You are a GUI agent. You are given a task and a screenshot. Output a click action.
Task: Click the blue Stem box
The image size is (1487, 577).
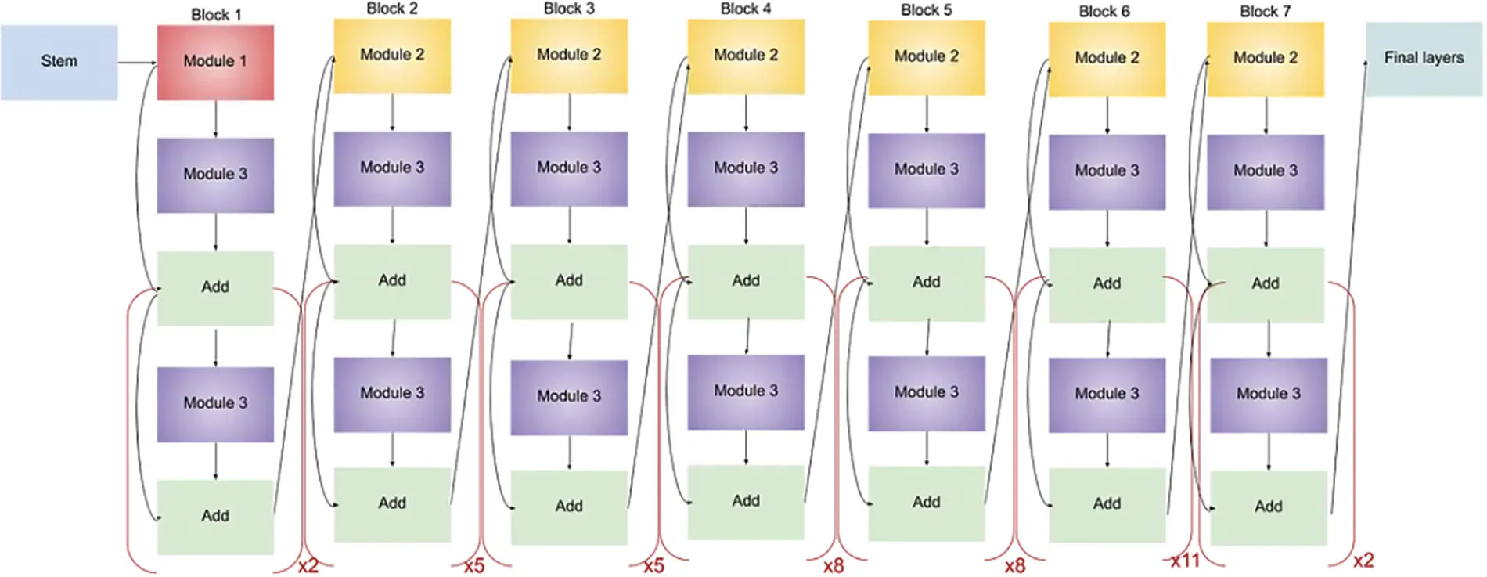coord(59,62)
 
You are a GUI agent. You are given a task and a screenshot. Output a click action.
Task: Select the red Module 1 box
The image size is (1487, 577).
coord(215,62)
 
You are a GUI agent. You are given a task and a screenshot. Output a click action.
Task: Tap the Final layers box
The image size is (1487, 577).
coord(1423,59)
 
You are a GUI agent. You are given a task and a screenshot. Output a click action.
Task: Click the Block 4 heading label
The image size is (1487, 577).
coord(745,9)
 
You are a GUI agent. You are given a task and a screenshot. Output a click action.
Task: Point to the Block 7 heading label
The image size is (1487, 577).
coord(1265,12)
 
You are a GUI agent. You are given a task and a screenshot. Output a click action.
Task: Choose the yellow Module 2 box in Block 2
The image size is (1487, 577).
coord(392,56)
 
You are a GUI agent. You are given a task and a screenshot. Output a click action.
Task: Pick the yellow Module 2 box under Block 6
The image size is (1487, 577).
coord(1107,59)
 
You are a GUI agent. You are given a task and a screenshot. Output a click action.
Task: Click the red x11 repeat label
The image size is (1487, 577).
coord(1185,561)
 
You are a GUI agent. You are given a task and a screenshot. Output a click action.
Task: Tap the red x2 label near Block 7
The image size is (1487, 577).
coord(1363,561)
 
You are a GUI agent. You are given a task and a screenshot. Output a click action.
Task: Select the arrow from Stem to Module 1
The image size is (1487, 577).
coord(137,63)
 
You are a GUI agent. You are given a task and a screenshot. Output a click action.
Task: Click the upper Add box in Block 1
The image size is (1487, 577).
coord(215,287)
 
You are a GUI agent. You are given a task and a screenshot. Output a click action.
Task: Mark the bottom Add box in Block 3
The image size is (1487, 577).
coord(569,507)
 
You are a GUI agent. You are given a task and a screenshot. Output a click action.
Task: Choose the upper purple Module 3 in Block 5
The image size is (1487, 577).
coord(926,170)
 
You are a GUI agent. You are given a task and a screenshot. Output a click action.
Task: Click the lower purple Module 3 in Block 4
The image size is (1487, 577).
coord(746,391)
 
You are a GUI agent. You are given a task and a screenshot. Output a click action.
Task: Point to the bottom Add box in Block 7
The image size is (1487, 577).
coord(1268,507)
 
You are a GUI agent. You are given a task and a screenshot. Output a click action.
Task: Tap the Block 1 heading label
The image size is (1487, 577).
coord(216,15)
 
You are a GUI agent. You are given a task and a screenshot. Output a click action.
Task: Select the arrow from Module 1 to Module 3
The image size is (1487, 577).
coord(215,118)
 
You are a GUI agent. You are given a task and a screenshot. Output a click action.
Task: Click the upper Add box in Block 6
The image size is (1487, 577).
coord(1107,284)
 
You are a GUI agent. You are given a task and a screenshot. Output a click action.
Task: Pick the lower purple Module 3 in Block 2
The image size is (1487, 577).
coord(392,394)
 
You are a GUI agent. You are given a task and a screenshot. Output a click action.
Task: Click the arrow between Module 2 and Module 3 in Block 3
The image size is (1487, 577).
coord(569,112)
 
